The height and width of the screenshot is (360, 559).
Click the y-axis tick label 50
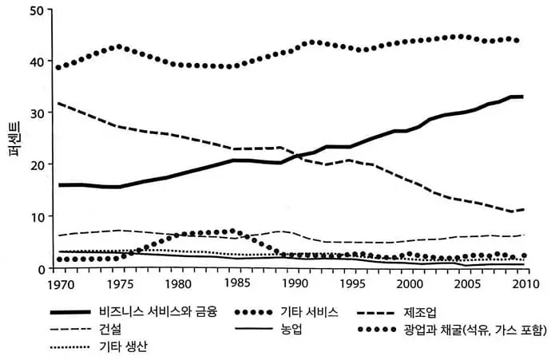[37, 10]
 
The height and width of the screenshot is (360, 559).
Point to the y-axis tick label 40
[37, 61]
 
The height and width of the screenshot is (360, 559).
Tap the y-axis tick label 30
[37, 113]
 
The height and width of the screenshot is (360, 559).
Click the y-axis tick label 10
[37, 216]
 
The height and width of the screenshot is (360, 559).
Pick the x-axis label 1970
[59, 284]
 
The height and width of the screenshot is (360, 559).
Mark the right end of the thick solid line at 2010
[523, 97]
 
